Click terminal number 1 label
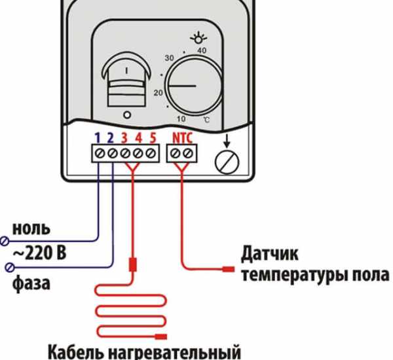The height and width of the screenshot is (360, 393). (97, 139)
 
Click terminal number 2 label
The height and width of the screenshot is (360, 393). (111, 139)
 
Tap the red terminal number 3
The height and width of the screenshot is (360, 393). (124, 139)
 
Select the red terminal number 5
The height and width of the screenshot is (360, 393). (152, 139)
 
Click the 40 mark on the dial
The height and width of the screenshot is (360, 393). (202, 50)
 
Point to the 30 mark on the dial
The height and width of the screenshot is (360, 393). (169, 58)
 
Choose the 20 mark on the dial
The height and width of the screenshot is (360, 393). (158, 92)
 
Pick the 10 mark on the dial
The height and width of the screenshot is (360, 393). (181, 118)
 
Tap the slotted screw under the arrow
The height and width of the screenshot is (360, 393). (227, 160)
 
